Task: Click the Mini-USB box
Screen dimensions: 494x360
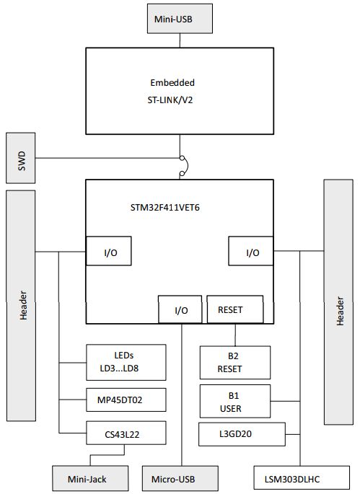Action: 180,18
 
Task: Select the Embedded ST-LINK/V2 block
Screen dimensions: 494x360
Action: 180,91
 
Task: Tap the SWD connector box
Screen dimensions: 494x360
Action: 19,158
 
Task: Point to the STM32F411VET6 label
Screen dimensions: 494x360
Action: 160,207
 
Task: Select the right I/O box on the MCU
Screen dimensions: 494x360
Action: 251,252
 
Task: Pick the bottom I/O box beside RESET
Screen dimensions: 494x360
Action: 181,310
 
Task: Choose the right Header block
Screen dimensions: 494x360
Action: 338,301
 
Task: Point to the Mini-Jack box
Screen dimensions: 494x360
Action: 89,477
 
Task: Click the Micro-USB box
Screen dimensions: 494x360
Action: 180,477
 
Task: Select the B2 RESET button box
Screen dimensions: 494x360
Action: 234,361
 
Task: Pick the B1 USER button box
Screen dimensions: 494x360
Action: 234,401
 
